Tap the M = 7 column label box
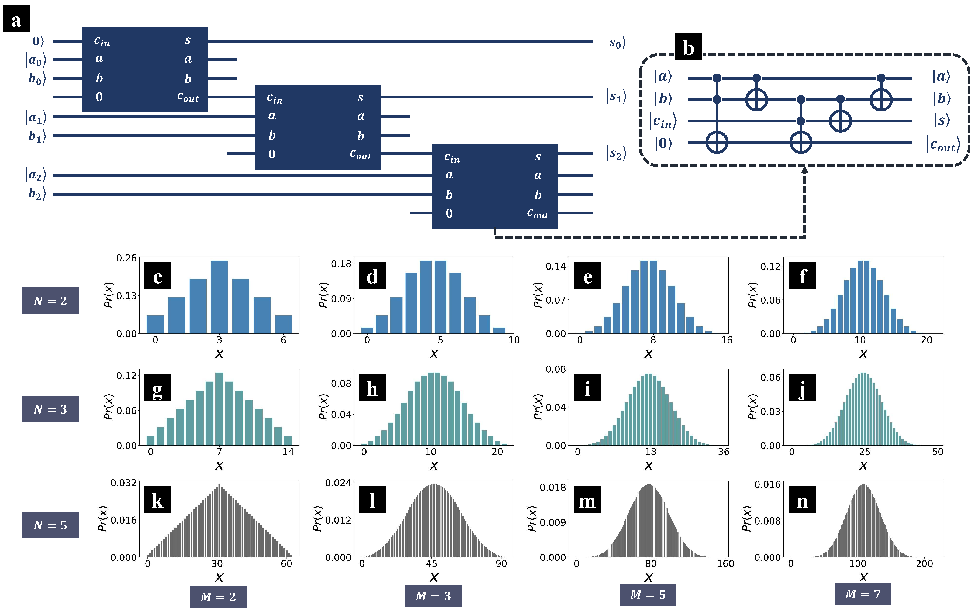(863, 594)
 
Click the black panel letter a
(16, 19)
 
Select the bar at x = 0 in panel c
(155, 324)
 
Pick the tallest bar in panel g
(219, 409)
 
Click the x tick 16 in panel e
(726, 340)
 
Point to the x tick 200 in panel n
(924, 564)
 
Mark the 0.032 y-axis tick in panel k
(123, 483)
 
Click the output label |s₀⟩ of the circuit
(616, 42)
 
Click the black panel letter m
(587, 500)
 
